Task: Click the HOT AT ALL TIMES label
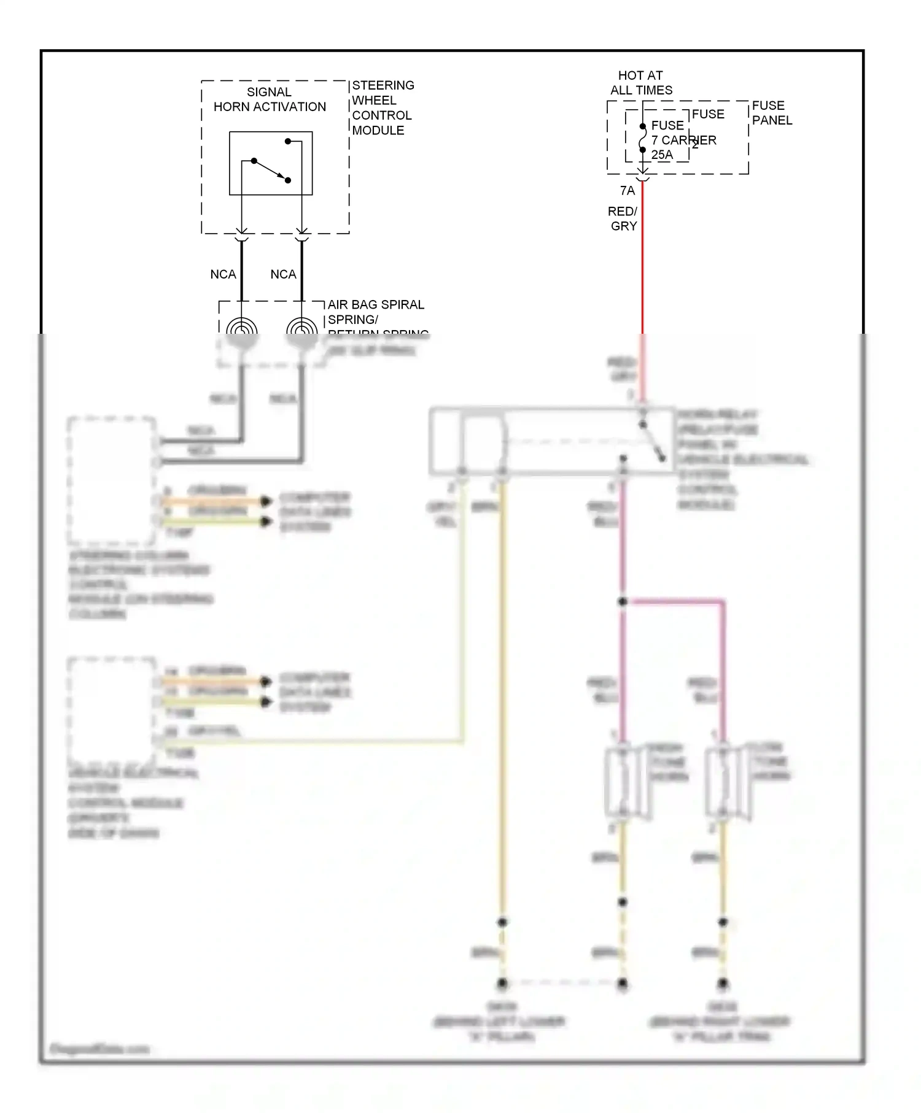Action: (640, 83)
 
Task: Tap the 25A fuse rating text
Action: (662, 155)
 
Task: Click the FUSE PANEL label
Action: (771, 113)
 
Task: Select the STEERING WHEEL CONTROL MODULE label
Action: (382, 107)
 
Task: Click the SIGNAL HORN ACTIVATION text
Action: (270, 99)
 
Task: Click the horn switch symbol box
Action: (271, 163)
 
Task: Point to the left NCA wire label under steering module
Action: (223, 274)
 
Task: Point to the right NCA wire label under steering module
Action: (283, 274)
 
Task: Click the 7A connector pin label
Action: (627, 191)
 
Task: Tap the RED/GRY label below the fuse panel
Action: (623, 218)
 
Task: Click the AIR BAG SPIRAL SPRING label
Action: (375, 312)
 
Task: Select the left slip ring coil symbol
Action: (241, 331)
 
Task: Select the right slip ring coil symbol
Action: (301, 331)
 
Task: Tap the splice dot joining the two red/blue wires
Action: (623, 602)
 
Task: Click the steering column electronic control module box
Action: (112, 481)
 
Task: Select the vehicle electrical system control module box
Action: (112, 711)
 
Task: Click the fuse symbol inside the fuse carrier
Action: (642, 138)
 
